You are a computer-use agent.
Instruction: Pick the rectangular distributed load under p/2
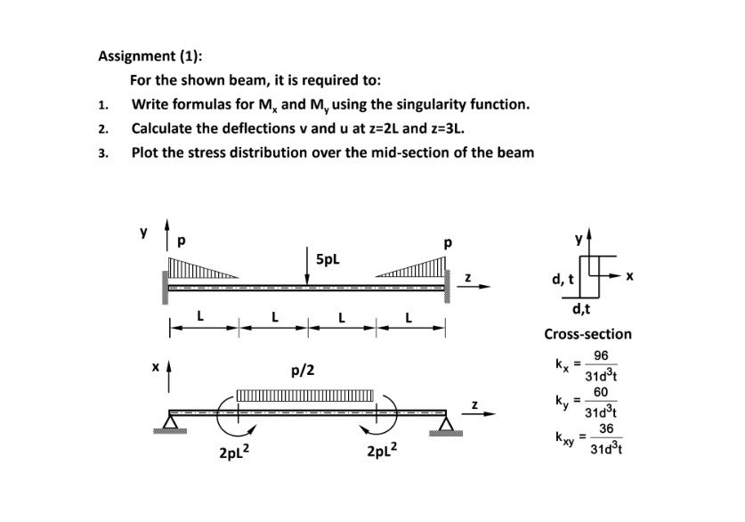[304, 397]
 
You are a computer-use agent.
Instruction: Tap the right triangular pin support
[445, 421]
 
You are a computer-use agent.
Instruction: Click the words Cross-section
[587, 335]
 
